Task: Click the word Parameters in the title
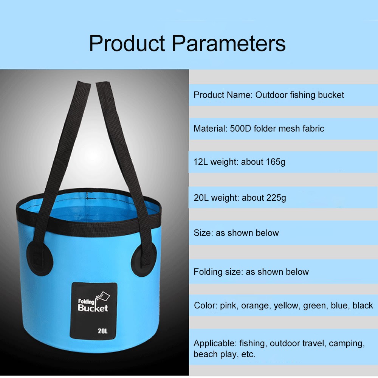tap(229, 43)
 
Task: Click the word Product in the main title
tap(127, 43)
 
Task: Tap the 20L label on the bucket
tap(102, 331)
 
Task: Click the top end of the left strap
tap(84, 82)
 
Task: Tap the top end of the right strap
tap(103, 83)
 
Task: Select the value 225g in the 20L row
tap(277, 198)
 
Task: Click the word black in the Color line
tap(363, 305)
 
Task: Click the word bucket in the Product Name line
tap(331, 95)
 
